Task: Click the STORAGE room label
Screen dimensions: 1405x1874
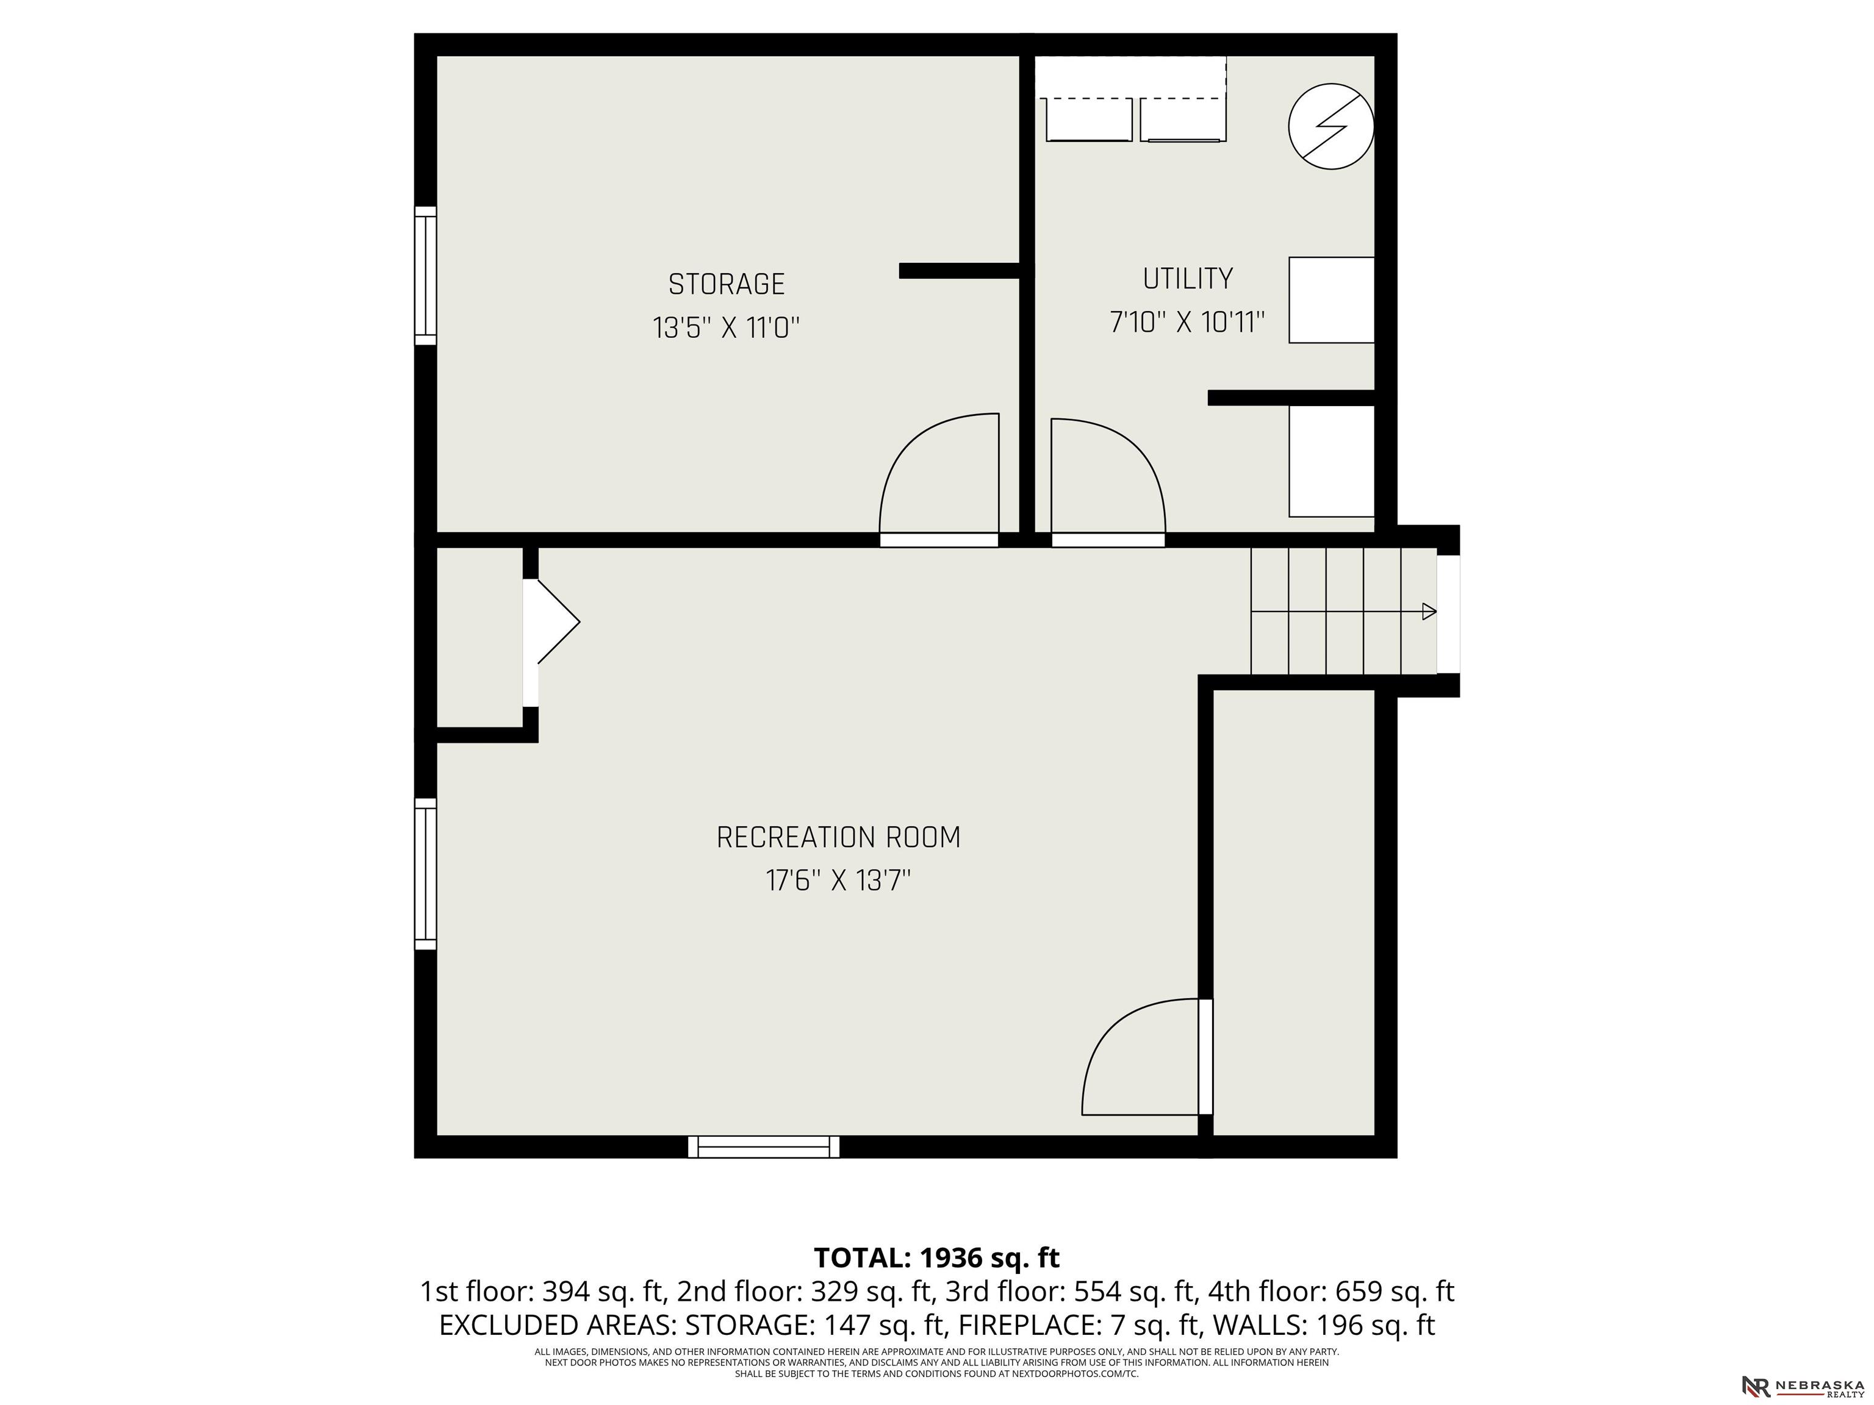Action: click(726, 284)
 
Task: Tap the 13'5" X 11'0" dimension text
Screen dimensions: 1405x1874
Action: click(726, 327)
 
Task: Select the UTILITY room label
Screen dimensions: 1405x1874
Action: click(1187, 279)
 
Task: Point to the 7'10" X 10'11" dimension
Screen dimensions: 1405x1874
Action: click(1187, 323)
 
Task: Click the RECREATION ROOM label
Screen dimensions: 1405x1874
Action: click(838, 838)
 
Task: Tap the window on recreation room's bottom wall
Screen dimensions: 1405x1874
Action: click(763, 1146)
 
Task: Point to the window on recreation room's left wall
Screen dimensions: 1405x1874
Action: click(425, 873)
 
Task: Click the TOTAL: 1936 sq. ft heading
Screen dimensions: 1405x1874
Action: click(936, 1257)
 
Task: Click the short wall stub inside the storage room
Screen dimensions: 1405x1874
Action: click(959, 271)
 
